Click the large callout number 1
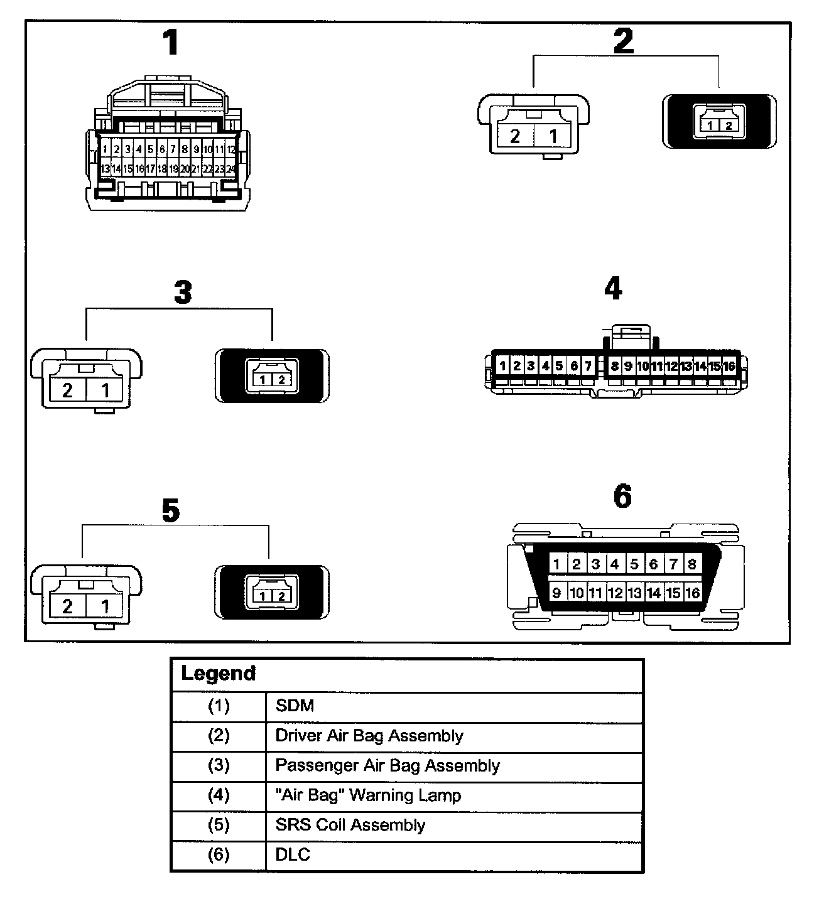[170, 42]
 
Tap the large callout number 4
[613, 288]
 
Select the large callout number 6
[622, 496]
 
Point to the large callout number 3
[183, 291]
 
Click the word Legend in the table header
[219, 673]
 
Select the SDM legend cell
[295, 705]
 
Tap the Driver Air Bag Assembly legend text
[369, 736]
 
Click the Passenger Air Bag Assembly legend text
[388, 765]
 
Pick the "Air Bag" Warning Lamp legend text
[368, 795]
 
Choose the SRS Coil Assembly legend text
[350, 825]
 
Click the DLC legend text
[293, 854]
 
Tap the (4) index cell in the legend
[219, 795]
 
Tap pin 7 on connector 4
[588, 365]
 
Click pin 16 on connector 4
[729, 366]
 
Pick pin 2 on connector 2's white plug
[514, 136]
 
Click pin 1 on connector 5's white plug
[105, 606]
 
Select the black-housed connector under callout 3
[272, 376]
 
